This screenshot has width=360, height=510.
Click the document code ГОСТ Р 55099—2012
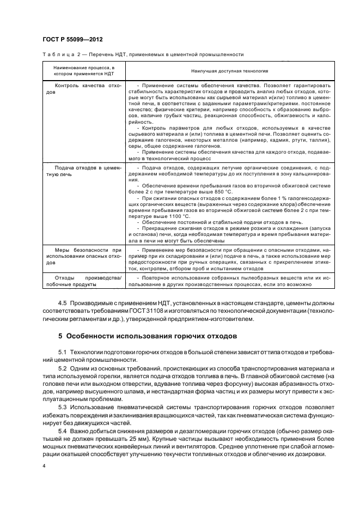[x=72, y=40]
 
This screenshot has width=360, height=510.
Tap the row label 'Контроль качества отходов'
[x=83, y=89]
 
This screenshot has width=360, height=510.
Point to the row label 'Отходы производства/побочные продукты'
[x=83, y=281]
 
